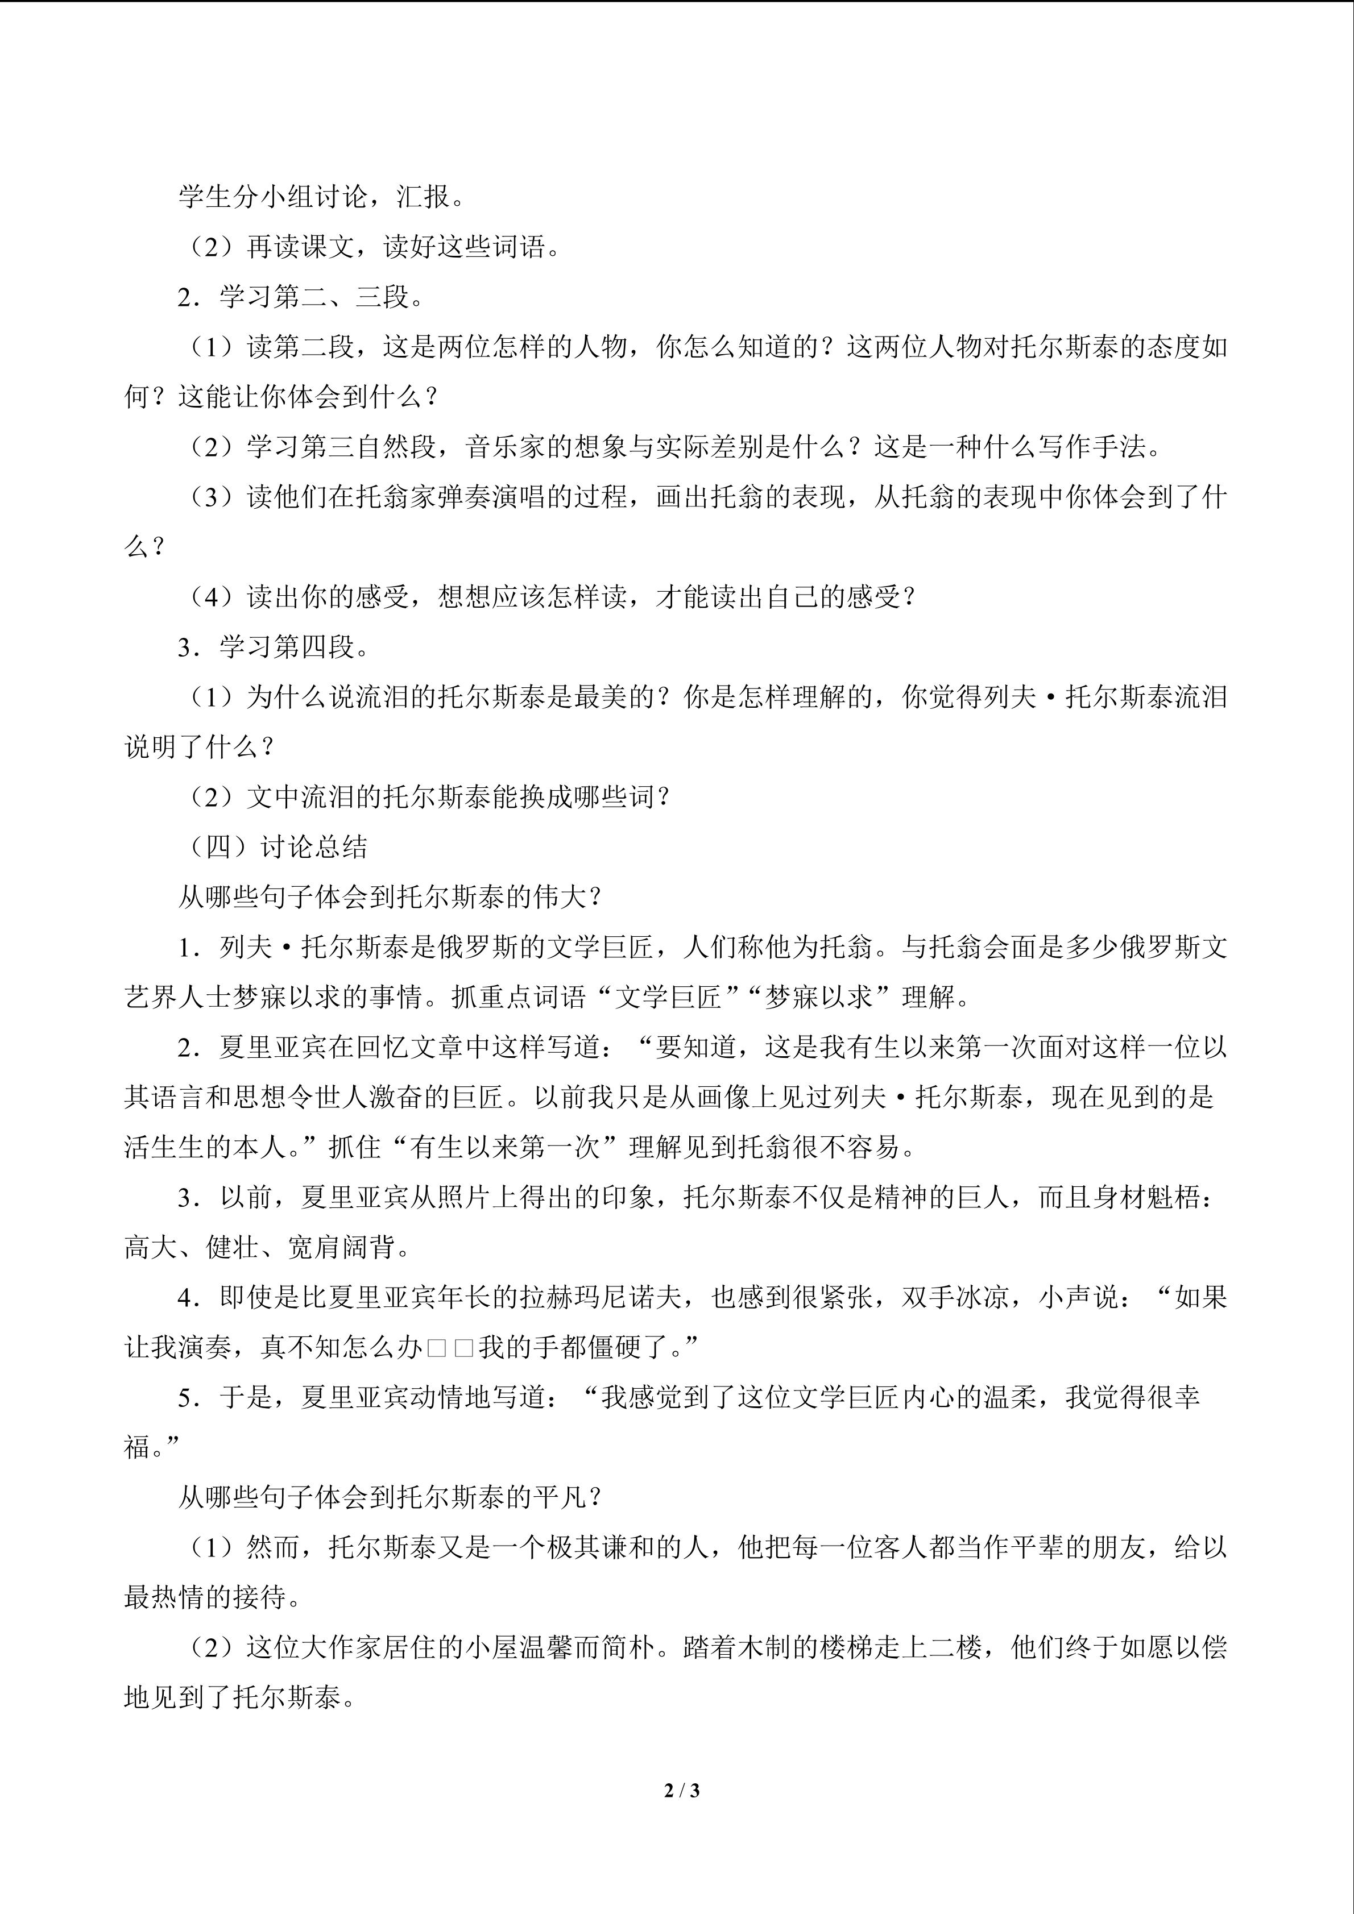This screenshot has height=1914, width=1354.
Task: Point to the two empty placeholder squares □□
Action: [450, 1347]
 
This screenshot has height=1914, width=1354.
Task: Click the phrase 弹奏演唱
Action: [492, 497]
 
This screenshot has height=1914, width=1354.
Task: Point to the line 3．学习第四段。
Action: [272, 647]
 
